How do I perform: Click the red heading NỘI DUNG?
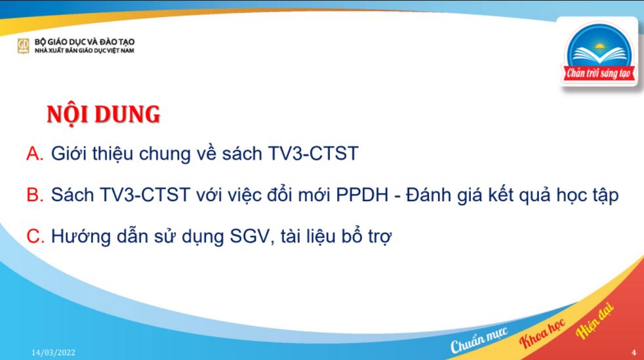(x=104, y=115)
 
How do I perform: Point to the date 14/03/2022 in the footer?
(x=54, y=353)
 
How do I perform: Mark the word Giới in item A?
(x=68, y=155)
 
